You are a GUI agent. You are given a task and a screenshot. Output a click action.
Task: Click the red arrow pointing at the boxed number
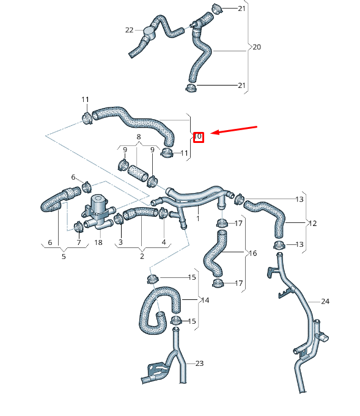[235, 131]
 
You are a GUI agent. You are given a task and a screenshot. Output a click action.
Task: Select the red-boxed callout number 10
[198, 137]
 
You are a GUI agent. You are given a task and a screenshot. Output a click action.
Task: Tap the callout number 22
[129, 30]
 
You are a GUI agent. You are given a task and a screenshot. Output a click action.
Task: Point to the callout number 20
[257, 46]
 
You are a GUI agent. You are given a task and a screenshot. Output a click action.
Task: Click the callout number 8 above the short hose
[139, 137]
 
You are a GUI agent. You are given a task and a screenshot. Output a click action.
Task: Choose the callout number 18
[98, 243]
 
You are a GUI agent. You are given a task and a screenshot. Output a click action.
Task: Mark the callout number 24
[325, 302]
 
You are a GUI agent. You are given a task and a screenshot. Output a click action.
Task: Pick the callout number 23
[199, 363]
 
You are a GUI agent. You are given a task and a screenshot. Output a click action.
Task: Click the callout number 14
[204, 300]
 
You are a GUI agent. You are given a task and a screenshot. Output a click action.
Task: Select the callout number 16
[254, 253]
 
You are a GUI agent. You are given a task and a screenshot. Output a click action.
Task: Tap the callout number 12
[312, 224]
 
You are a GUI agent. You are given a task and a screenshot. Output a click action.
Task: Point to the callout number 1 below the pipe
[197, 217]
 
